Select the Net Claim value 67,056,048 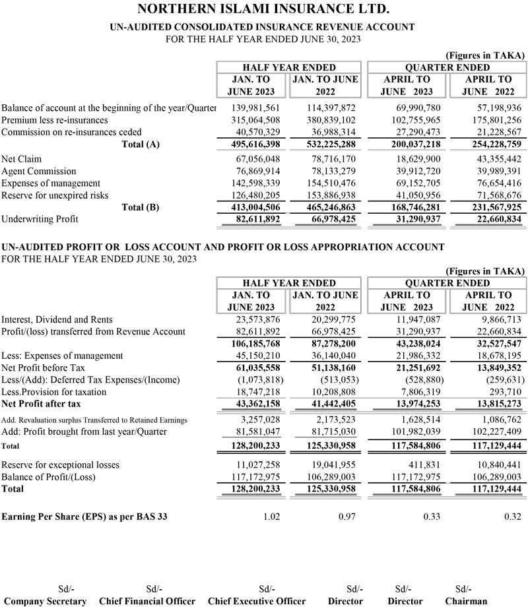(255, 160)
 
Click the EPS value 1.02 (271, 517)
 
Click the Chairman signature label (466, 601)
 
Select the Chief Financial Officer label (147, 601)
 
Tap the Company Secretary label (46, 601)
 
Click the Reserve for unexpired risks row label (53, 195)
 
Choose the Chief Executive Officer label (257, 601)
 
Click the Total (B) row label (141, 207)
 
